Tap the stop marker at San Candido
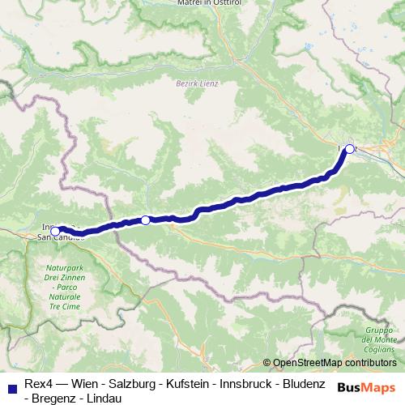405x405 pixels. (x=55, y=231)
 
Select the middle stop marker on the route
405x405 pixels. (x=145, y=220)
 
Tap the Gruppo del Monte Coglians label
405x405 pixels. (x=379, y=340)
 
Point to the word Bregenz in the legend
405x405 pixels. (x=55, y=398)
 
